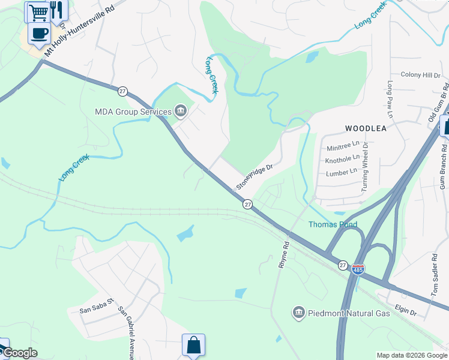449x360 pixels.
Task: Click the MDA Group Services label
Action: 133,111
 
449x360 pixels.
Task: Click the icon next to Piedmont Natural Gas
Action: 298,312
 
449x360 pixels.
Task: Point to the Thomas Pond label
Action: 333,224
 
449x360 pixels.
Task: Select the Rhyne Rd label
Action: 283,254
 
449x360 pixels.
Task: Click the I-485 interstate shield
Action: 358,269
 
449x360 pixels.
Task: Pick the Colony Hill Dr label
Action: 420,75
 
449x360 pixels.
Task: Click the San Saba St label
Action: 97,310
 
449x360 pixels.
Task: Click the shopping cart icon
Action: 38,11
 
